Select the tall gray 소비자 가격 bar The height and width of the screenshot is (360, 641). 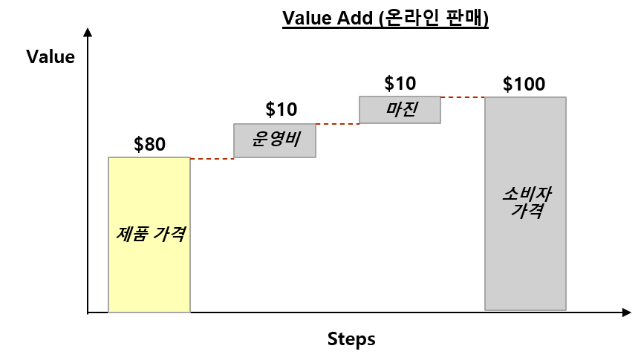tap(525, 260)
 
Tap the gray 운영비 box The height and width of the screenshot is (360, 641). tap(275, 149)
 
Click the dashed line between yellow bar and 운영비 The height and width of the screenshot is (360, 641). tap(212, 159)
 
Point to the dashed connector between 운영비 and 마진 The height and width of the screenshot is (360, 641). tap(337, 124)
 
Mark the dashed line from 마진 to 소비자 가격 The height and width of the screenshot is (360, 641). tap(462, 97)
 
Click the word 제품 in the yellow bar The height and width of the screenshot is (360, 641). tap(133, 234)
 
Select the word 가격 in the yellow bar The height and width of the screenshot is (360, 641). tap(170, 234)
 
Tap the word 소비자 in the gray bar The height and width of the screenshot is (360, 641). tap(527, 194)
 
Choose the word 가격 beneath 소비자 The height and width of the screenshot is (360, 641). tap(527, 211)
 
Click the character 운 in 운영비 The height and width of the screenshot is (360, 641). tap(259, 139)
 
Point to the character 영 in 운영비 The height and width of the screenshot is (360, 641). tap(276, 139)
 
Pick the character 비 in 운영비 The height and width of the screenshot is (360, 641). tap(292, 139)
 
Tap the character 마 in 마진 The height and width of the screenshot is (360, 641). tap(393, 109)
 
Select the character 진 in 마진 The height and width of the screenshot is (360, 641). tap(409, 109)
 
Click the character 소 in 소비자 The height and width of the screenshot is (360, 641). tap(510, 194)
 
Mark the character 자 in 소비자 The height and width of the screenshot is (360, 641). tap(543, 194)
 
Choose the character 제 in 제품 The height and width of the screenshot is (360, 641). tap(125, 234)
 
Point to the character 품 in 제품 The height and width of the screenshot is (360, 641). tap(141, 234)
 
